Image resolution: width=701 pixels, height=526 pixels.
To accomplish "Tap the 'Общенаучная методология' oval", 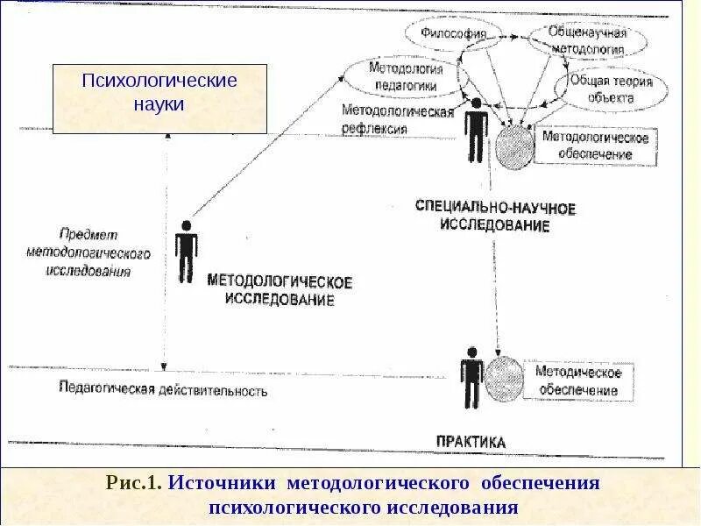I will [x=587, y=39].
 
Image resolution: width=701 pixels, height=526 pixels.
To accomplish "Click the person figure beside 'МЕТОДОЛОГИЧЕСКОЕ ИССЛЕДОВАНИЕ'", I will [x=185, y=251].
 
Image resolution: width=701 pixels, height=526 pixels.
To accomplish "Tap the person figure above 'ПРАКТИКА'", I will [x=471, y=377].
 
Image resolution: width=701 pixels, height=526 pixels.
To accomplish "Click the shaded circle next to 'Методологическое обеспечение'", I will [x=515, y=146].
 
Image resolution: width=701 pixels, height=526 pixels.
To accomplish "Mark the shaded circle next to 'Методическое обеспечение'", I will [x=506, y=380].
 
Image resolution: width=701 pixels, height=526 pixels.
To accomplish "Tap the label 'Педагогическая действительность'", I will [x=162, y=388].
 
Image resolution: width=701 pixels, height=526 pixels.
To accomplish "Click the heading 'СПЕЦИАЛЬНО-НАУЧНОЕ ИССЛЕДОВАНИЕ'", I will [x=495, y=217].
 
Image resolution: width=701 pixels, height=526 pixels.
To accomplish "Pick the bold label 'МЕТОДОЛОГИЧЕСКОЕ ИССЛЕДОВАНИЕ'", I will [x=280, y=291].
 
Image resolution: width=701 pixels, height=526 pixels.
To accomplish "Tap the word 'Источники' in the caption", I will [x=223, y=484].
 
